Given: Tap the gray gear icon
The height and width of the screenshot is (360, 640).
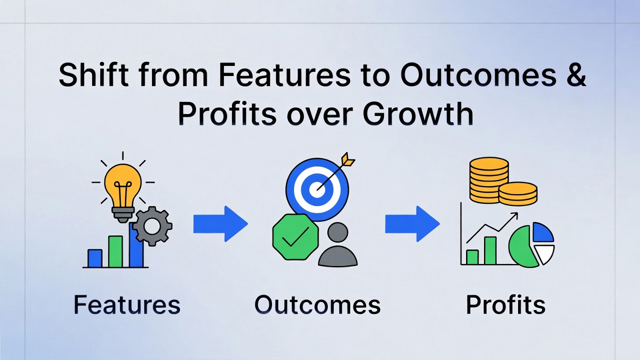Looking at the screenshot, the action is click(x=152, y=226).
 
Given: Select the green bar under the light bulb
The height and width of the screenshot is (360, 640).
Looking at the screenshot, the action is click(x=115, y=251).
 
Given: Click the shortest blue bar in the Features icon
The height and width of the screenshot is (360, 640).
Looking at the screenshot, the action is click(x=95, y=258).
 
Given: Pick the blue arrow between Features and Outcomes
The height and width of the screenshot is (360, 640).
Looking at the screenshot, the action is click(x=220, y=223).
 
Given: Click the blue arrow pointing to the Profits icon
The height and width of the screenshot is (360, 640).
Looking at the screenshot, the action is click(x=412, y=223).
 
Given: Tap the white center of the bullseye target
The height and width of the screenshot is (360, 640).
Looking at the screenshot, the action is click(x=317, y=189).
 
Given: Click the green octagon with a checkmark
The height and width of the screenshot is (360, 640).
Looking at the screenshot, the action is click(x=295, y=237).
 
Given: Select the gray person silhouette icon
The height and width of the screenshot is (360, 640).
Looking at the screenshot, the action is click(x=337, y=244).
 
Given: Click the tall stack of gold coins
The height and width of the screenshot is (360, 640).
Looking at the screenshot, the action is click(x=489, y=179).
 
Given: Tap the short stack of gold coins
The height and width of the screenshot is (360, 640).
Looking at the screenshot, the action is click(x=518, y=193).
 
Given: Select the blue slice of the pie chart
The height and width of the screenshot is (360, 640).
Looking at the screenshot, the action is click(x=543, y=232).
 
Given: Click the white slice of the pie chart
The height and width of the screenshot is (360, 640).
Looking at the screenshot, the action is click(x=545, y=253).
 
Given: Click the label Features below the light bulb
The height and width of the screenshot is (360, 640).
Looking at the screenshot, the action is click(x=127, y=305).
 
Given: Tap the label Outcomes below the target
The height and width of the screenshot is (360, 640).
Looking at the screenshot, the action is click(x=317, y=305).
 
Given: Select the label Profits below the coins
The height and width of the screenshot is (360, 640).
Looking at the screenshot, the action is click(x=505, y=305).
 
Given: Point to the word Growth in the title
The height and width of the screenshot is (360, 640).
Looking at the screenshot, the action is click(x=417, y=113).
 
